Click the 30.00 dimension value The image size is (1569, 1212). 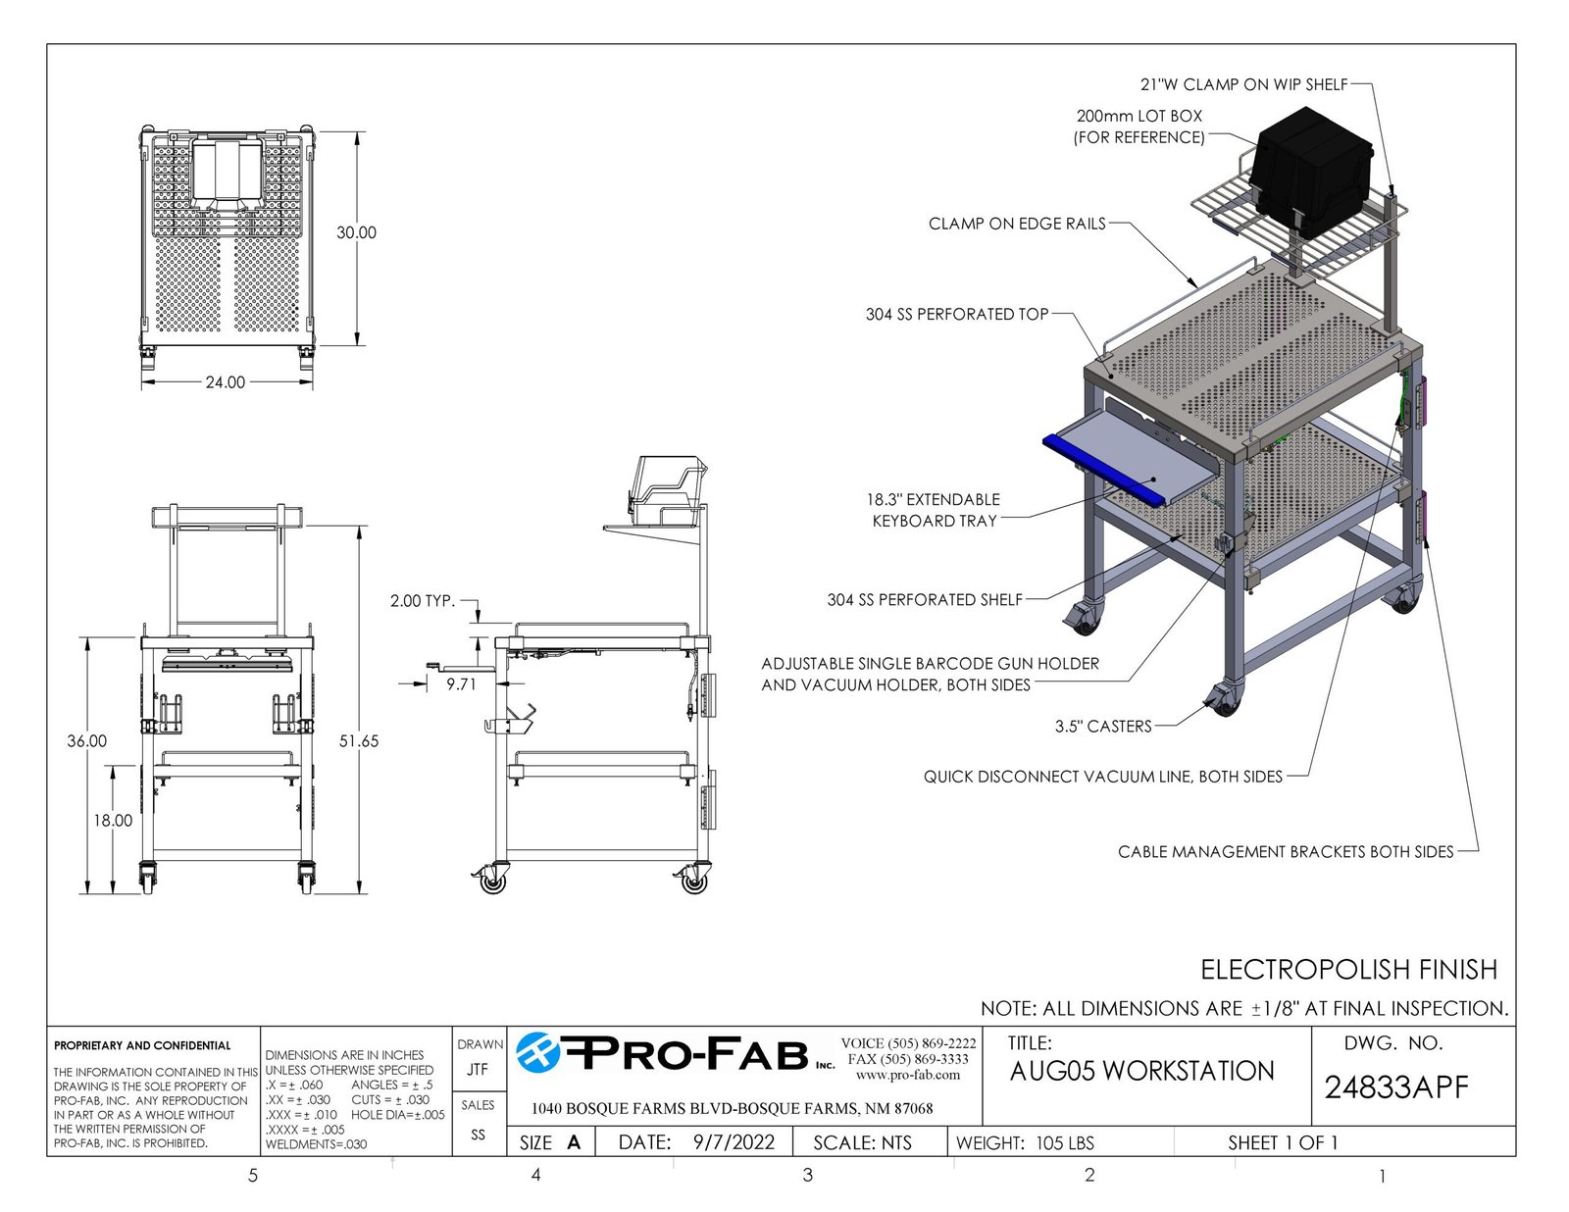[x=356, y=232]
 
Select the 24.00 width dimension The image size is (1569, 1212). [x=226, y=381]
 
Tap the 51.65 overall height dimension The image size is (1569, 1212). [x=359, y=740]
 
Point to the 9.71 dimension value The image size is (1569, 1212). [x=461, y=684]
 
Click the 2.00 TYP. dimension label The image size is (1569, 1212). [x=423, y=600]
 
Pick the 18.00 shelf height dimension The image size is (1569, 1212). [x=113, y=820]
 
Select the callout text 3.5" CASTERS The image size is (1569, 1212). [x=1103, y=727]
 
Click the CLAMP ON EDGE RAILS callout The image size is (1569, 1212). [x=1017, y=224]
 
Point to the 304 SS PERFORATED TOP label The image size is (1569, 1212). [x=957, y=314]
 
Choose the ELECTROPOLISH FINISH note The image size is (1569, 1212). [x=1348, y=970]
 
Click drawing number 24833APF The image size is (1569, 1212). [x=1396, y=1087]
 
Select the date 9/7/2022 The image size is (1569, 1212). [x=734, y=1142]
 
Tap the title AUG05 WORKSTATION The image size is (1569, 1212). [x=1141, y=1071]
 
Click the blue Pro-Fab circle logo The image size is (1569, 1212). [x=538, y=1052]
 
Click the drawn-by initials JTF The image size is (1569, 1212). [x=478, y=1069]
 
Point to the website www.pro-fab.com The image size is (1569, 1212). [x=908, y=1075]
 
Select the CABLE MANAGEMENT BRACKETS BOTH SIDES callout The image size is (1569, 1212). [x=1286, y=852]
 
